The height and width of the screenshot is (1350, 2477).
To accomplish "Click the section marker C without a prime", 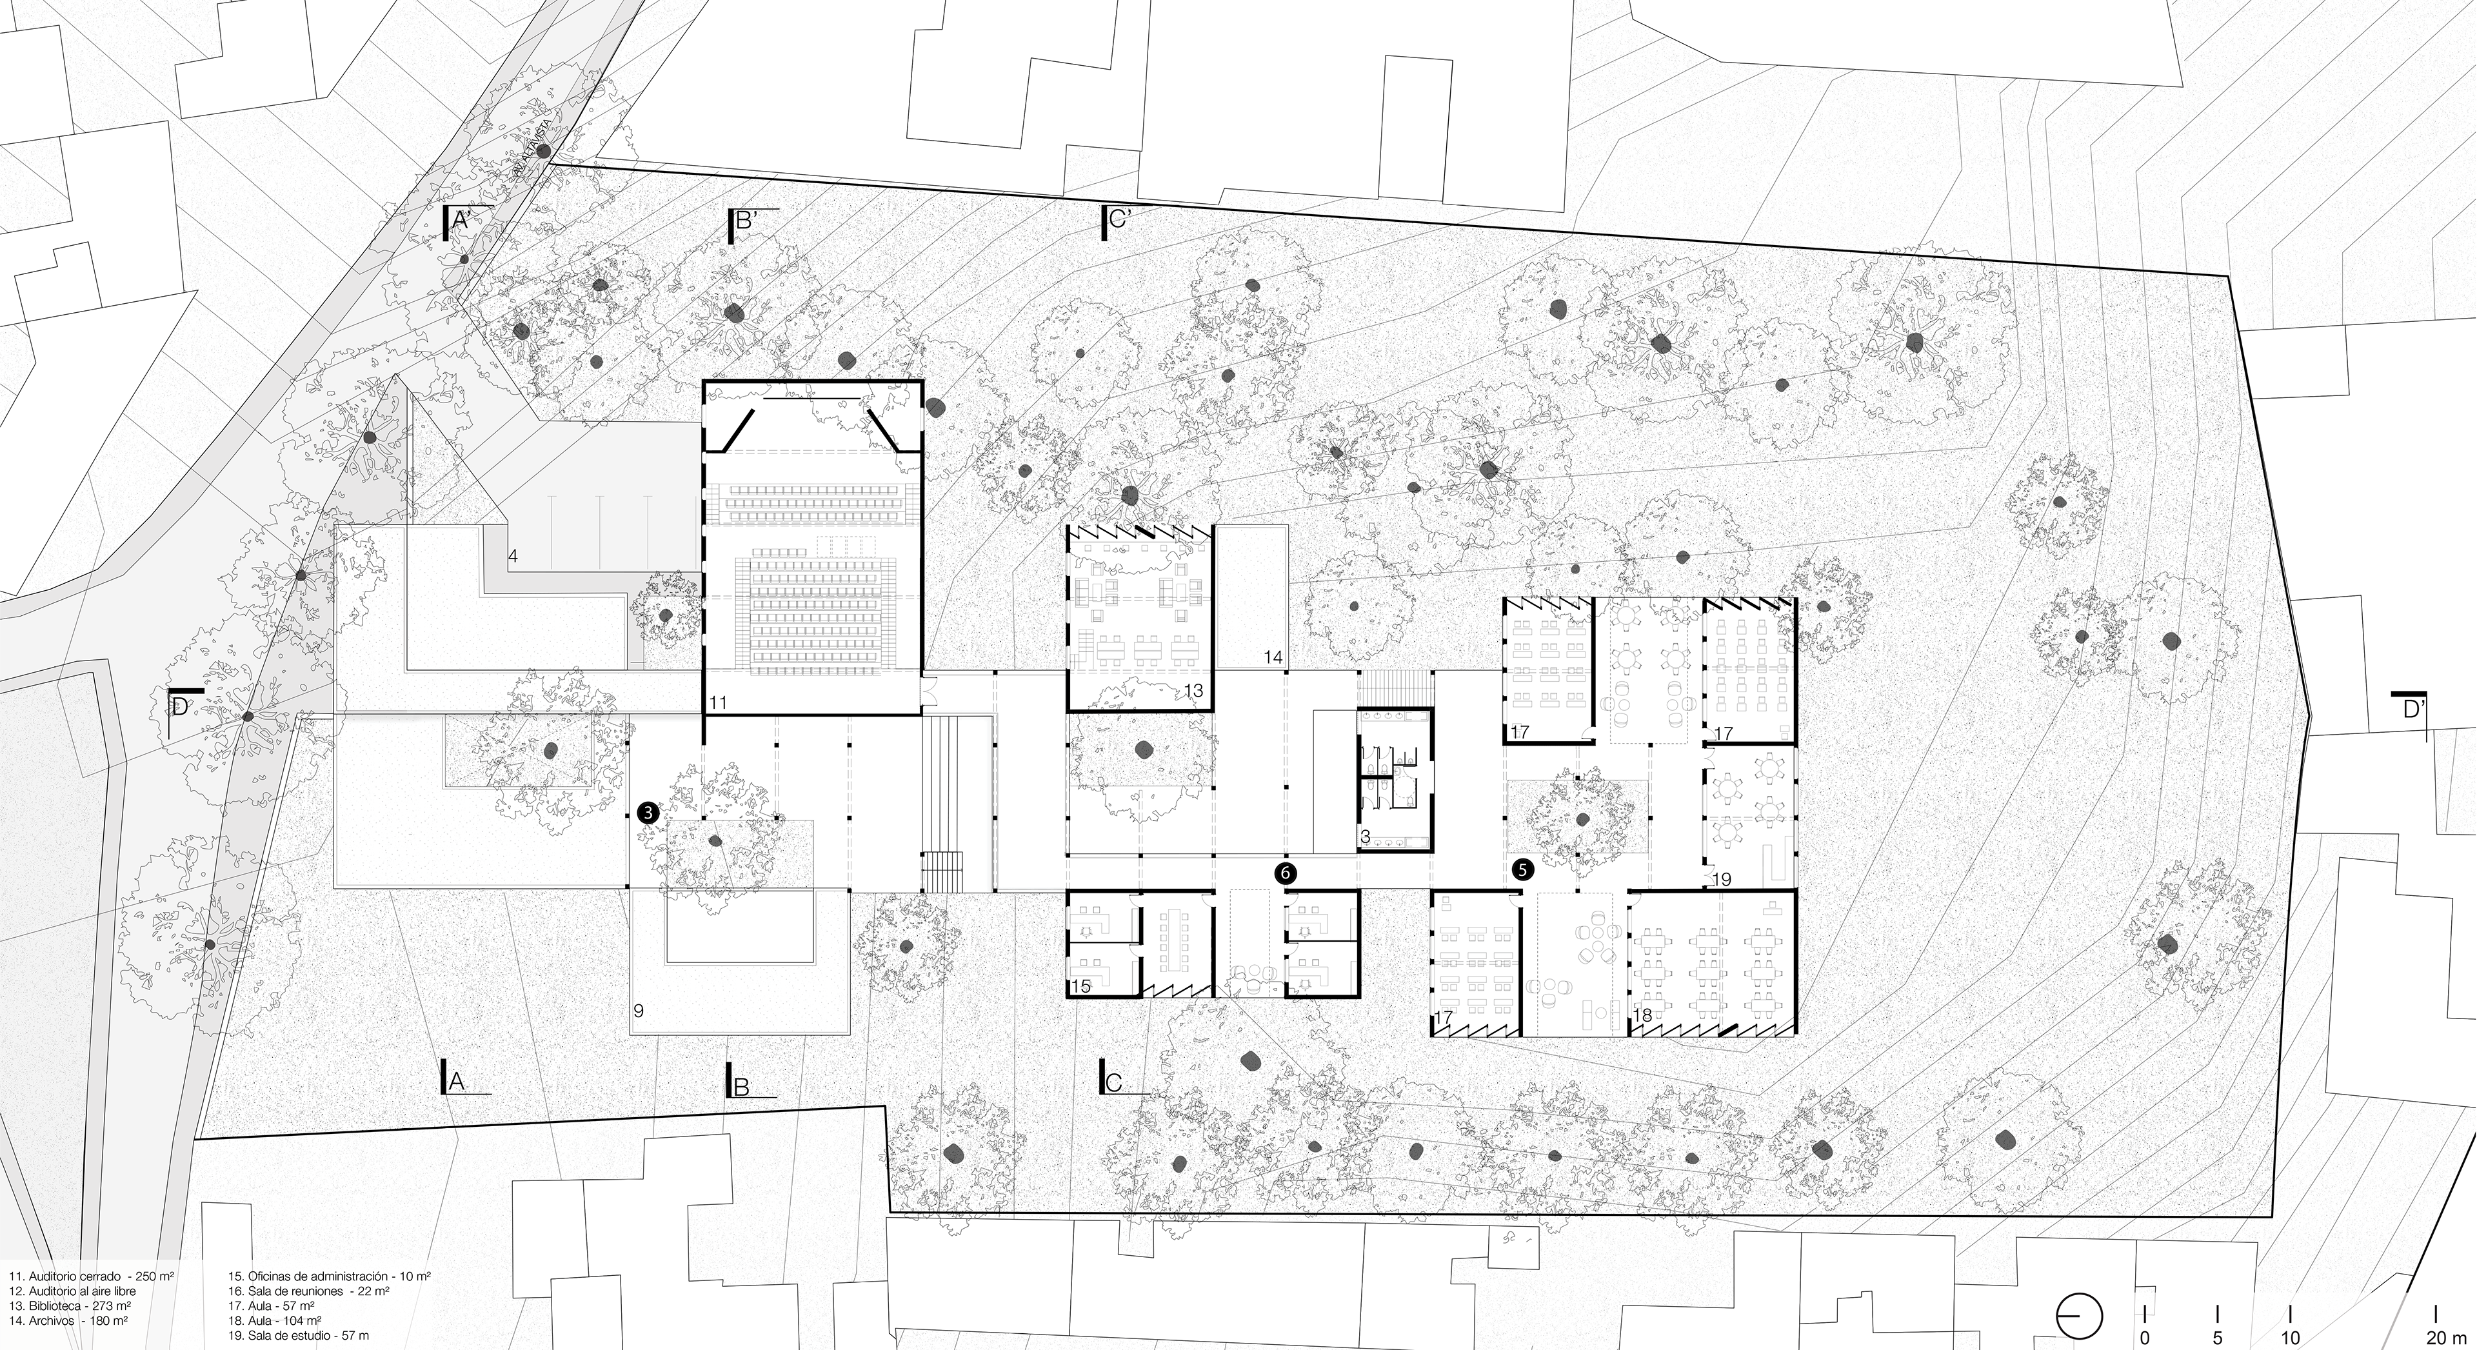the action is point(1113,1082).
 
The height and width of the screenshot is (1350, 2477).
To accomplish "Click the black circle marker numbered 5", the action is point(1523,869).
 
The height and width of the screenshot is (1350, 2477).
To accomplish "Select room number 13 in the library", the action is point(1194,690).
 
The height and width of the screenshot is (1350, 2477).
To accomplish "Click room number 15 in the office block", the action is point(1081,986).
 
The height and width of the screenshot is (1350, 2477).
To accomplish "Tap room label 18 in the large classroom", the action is point(1642,1015).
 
